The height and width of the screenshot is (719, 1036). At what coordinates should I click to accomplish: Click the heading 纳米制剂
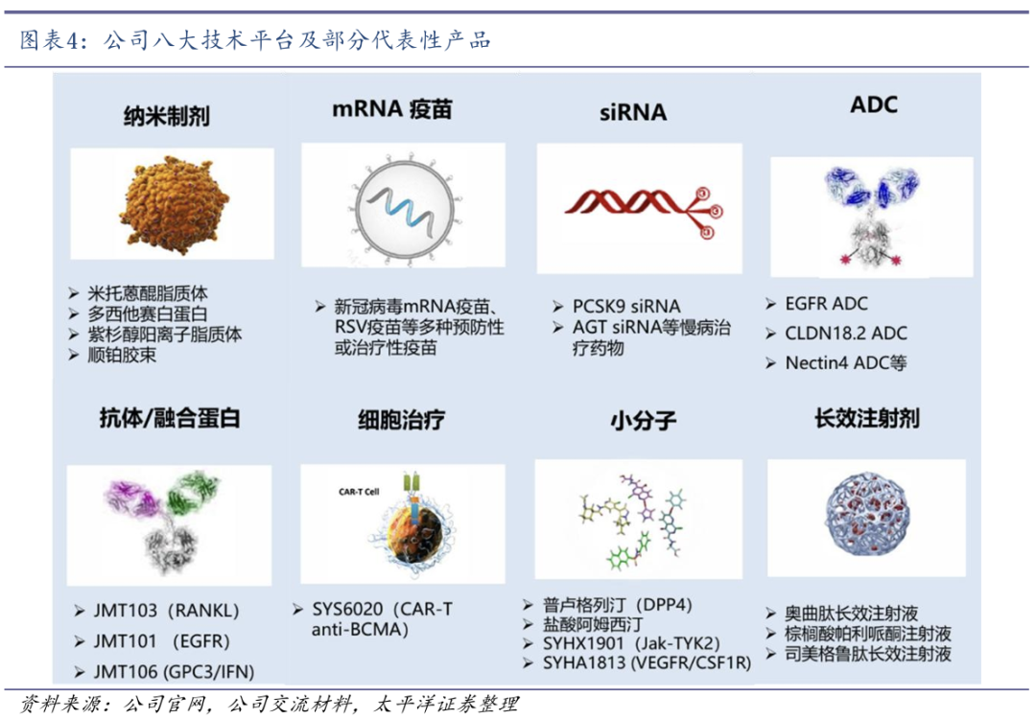tap(167, 116)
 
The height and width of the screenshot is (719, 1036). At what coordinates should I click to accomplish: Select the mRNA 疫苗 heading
tap(391, 109)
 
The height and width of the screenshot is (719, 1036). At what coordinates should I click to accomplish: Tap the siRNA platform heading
tap(633, 112)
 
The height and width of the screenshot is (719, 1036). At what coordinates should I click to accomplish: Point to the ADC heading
tap(874, 104)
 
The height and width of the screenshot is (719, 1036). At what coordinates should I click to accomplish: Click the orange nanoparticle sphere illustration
tap(173, 203)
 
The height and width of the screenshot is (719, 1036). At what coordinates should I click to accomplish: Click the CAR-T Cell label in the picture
tap(359, 492)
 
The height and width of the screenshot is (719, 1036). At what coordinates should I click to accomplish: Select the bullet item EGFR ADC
tap(826, 304)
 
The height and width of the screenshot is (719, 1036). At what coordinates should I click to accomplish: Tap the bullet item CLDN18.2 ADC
tap(846, 334)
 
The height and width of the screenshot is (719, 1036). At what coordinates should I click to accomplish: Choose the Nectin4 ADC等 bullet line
tap(846, 363)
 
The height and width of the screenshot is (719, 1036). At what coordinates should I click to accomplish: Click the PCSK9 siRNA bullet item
tap(626, 307)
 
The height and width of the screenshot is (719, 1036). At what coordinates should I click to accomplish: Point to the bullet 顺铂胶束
tap(122, 356)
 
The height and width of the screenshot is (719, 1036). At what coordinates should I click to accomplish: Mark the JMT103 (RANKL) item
tap(166, 611)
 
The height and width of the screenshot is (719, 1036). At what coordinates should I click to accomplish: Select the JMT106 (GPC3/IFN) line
tap(174, 671)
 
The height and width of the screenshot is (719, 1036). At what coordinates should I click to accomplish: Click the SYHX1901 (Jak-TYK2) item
tap(631, 643)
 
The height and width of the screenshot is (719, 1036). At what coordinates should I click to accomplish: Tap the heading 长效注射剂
tap(867, 419)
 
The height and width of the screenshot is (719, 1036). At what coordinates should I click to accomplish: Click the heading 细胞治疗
tap(402, 420)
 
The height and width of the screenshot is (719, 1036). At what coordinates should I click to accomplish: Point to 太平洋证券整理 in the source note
tap(447, 704)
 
